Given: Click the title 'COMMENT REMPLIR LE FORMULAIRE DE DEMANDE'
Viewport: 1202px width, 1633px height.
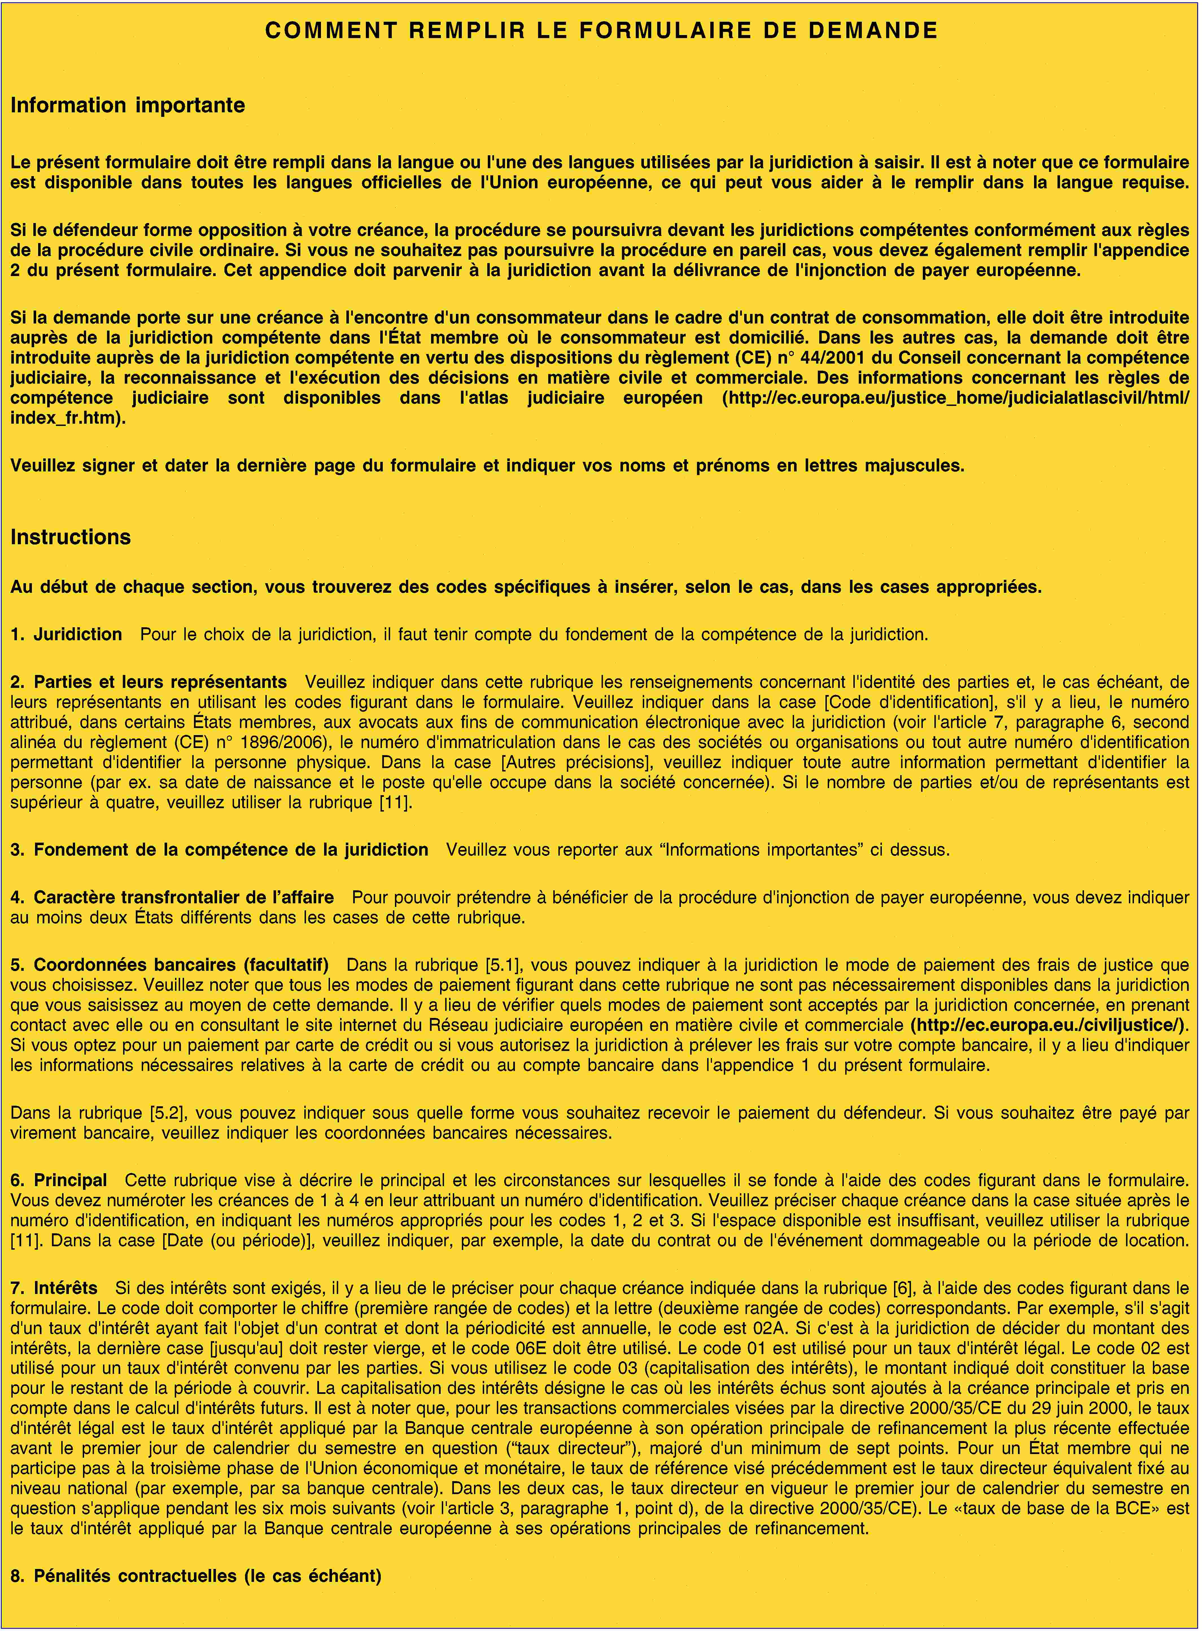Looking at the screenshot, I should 601,30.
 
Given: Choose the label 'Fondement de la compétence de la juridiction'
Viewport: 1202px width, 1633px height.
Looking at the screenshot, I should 231,850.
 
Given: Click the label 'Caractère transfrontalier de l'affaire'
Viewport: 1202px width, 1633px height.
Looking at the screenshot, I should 183,898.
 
